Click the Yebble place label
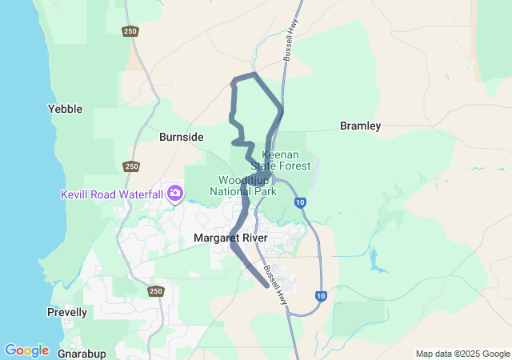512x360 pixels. pos(65,109)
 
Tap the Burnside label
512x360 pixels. pos(181,137)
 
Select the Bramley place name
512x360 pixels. pos(360,126)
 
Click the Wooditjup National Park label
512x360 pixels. pos(243,186)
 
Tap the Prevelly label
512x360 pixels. pos(67,312)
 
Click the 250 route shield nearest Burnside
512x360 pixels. pos(131,166)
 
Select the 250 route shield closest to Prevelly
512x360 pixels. pos(155,292)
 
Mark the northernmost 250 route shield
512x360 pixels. pos(130,31)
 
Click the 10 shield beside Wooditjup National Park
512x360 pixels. pos(299,202)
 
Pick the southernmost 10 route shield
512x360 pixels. pos(320,296)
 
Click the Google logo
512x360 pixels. pos(26,350)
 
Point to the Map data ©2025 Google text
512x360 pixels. pos(462,354)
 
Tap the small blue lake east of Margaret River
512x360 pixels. pos(374,259)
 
